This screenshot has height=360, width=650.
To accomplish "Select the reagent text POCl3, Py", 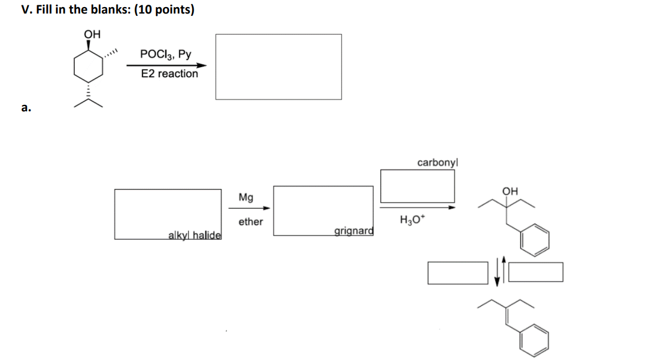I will (165, 54).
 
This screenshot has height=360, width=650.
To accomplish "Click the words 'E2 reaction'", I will (170, 74).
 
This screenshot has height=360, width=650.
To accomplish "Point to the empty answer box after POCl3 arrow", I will (278, 67).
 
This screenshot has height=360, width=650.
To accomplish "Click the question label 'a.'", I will (25, 107).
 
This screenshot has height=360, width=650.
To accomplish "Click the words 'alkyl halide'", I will (194, 235).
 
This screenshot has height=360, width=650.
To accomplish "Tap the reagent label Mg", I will (247, 197).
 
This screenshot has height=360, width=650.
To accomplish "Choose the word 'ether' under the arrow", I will (251, 222).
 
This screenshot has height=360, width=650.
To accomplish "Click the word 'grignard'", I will (353, 231).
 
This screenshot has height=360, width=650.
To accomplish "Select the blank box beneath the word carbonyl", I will (417, 186).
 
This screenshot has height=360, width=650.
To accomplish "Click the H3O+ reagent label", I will (410, 221).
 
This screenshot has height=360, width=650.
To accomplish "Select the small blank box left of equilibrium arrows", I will (458, 272).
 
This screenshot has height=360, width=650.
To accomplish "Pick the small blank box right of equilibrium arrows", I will (539, 272).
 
